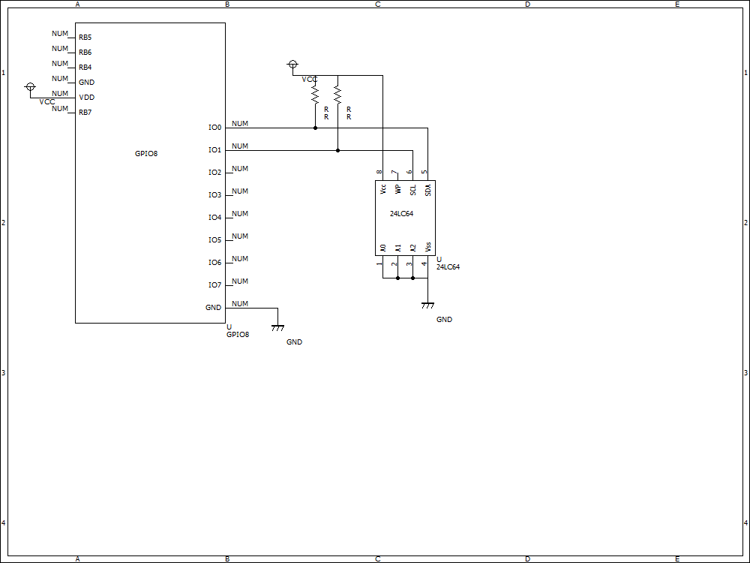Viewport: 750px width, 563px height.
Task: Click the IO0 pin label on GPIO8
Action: tap(215, 128)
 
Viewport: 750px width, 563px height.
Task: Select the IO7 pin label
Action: tap(215, 285)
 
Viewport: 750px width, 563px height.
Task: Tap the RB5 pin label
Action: tap(85, 38)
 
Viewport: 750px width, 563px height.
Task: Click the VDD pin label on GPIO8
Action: tap(86, 98)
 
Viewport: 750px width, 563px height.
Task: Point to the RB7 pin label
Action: tap(85, 113)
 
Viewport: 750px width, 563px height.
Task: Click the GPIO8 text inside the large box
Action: tap(146, 154)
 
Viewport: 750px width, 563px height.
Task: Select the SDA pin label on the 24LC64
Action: tap(427, 189)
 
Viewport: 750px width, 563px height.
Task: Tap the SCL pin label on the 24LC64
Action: tap(412, 189)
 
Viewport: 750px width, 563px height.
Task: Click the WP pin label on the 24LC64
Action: tap(397, 189)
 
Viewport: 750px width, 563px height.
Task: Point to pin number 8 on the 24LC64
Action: tap(379, 173)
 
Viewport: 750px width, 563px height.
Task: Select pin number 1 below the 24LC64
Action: tap(379, 263)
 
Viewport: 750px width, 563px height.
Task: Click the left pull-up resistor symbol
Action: tap(315, 94)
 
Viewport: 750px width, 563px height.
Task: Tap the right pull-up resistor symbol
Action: tap(337, 94)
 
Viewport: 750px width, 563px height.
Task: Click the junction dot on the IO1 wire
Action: tap(337, 150)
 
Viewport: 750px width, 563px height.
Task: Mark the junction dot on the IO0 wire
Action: tap(315, 128)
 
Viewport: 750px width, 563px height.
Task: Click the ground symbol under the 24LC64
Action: tap(427, 305)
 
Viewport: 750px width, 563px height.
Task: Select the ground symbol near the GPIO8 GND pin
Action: tap(277, 327)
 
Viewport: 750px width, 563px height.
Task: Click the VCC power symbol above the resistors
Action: tap(293, 65)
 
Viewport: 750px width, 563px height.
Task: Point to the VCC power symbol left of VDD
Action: tap(30, 88)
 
